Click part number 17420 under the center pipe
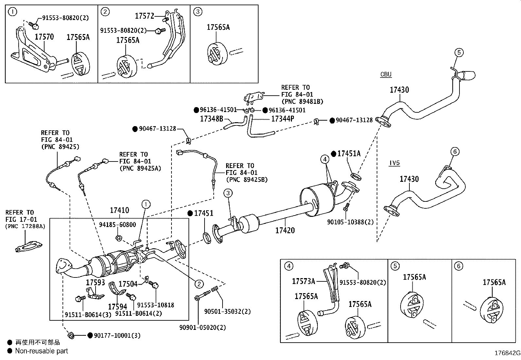285,230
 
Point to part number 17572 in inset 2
144,16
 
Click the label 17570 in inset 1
44,37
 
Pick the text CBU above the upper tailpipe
386,74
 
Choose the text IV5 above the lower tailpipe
394,163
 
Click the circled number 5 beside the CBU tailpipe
458,52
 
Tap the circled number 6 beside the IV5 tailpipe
455,151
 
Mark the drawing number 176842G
507,353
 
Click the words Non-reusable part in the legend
42,351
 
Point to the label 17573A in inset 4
303,281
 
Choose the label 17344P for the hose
282,119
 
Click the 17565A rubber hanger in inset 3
217,53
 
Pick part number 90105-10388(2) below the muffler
350,222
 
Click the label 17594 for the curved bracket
117,306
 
